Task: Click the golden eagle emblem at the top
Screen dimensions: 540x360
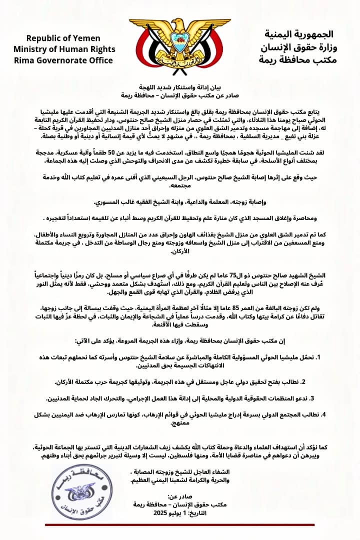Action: click(x=180, y=37)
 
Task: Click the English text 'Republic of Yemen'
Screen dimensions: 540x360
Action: click(x=63, y=38)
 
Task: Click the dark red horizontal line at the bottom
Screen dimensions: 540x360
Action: click(x=179, y=523)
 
